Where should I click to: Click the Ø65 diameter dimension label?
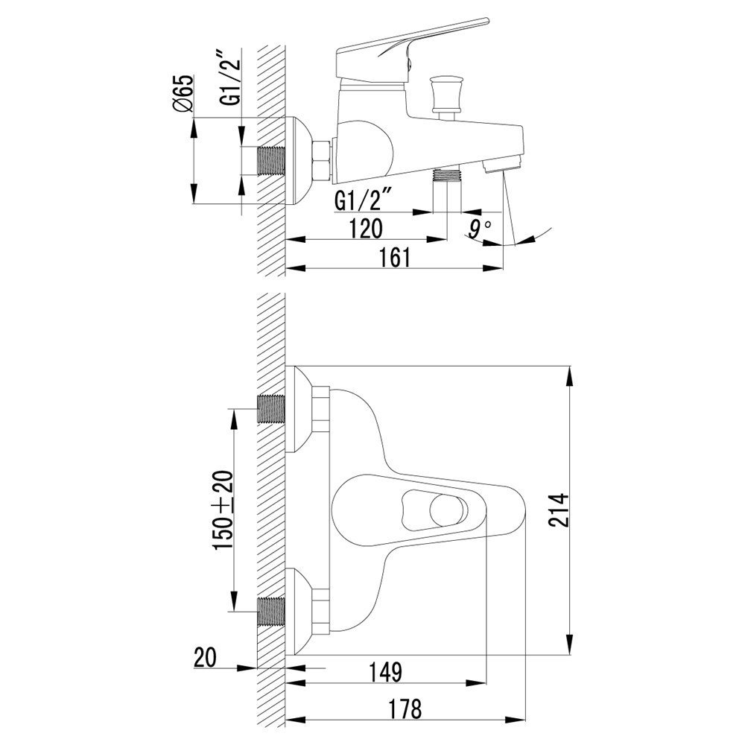[x=183, y=93]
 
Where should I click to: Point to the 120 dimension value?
[x=366, y=229]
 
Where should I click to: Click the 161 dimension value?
[x=394, y=258]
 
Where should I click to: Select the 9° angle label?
[x=478, y=229]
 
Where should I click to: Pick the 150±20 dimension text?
[x=223, y=510]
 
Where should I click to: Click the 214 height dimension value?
[x=559, y=510]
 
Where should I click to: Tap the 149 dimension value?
[x=386, y=672]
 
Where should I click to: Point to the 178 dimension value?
[x=405, y=709]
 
